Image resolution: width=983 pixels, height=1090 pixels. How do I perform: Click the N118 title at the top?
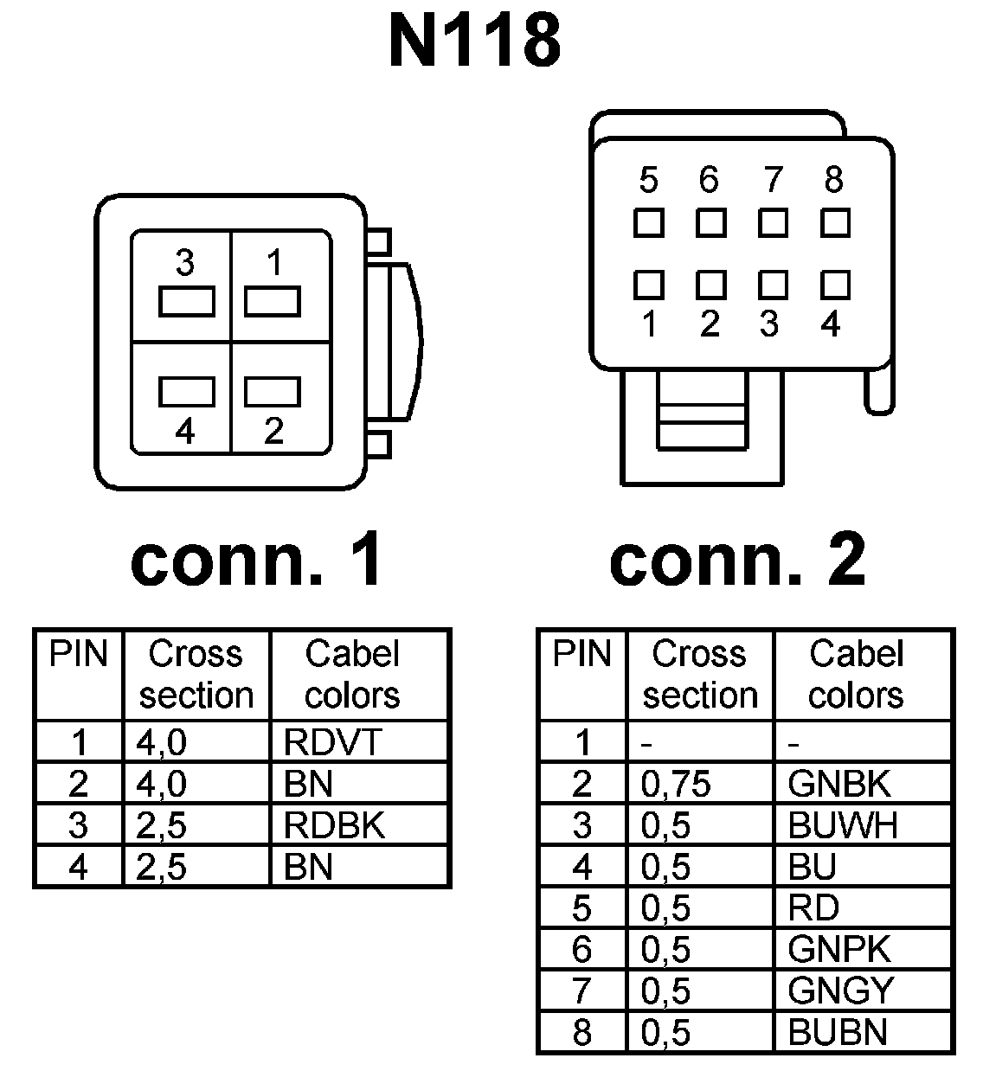pyautogui.click(x=475, y=41)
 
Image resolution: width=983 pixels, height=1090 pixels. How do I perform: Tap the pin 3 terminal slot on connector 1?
pyautogui.click(x=186, y=303)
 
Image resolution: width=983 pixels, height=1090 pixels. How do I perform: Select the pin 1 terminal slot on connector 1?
pyautogui.click(x=273, y=303)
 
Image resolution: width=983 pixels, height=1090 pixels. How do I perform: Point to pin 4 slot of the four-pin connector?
pyautogui.click(x=186, y=391)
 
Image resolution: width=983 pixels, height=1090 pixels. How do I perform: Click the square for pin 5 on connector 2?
pyautogui.click(x=648, y=223)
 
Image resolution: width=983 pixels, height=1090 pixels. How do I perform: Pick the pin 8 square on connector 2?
pyautogui.click(x=835, y=223)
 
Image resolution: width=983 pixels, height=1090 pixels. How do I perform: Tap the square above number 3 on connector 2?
pyautogui.click(x=772, y=285)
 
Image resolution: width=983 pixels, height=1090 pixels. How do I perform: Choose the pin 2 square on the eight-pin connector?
pyautogui.click(x=710, y=285)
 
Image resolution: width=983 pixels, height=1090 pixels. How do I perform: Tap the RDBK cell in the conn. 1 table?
pyautogui.click(x=334, y=825)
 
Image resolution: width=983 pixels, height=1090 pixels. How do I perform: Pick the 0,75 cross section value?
pyautogui.click(x=676, y=784)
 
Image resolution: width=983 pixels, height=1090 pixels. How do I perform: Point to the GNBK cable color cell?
pyautogui.click(x=838, y=784)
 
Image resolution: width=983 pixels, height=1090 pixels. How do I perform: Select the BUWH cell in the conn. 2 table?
pyautogui.click(x=843, y=825)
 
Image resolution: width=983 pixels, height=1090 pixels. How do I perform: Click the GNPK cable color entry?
pyautogui.click(x=838, y=950)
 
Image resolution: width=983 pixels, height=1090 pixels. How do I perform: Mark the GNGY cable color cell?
pyautogui.click(x=840, y=991)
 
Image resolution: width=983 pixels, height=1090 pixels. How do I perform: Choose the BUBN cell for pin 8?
pyautogui.click(x=838, y=1032)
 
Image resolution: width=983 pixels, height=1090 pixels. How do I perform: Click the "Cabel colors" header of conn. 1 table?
pyautogui.click(x=352, y=675)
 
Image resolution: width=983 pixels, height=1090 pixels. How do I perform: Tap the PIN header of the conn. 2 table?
pyautogui.click(x=581, y=655)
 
